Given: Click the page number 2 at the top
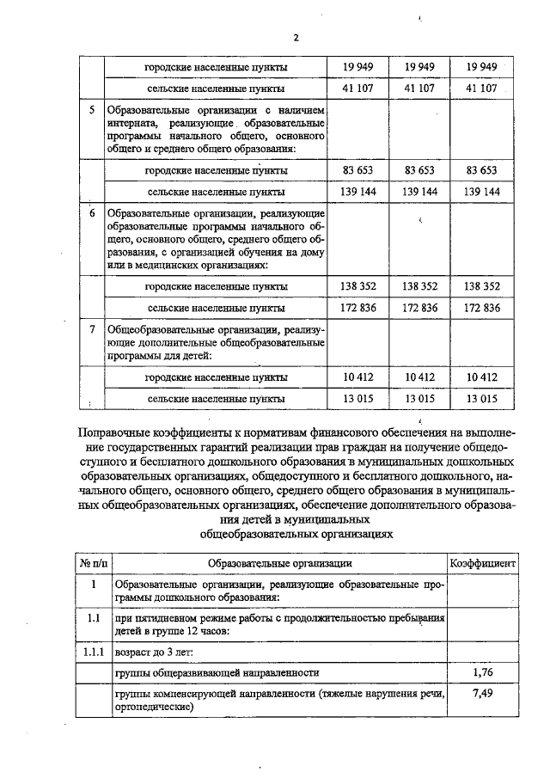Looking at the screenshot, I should pyautogui.click(x=296, y=38).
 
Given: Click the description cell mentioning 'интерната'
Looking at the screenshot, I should pyautogui.click(x=216, y=130).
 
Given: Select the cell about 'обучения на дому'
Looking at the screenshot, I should pyautogui.click(x=216, y=238).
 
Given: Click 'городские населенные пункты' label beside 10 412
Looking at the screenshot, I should pyautogui.click(x=216, y=377).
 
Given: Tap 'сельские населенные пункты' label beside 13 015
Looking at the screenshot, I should pyautogui.click(x=216, y=399).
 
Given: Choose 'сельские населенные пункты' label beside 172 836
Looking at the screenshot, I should pyautogui.click(x=216, y=307).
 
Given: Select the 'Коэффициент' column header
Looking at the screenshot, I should pyautogui.click(x=483, y=563).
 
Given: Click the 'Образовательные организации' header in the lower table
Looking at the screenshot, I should pyautogui.click(x=279, y=563).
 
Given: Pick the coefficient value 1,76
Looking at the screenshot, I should pyautogui.click(x=482, y=672).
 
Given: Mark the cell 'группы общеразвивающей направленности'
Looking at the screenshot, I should pyautogui.click(x=217, y=672).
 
